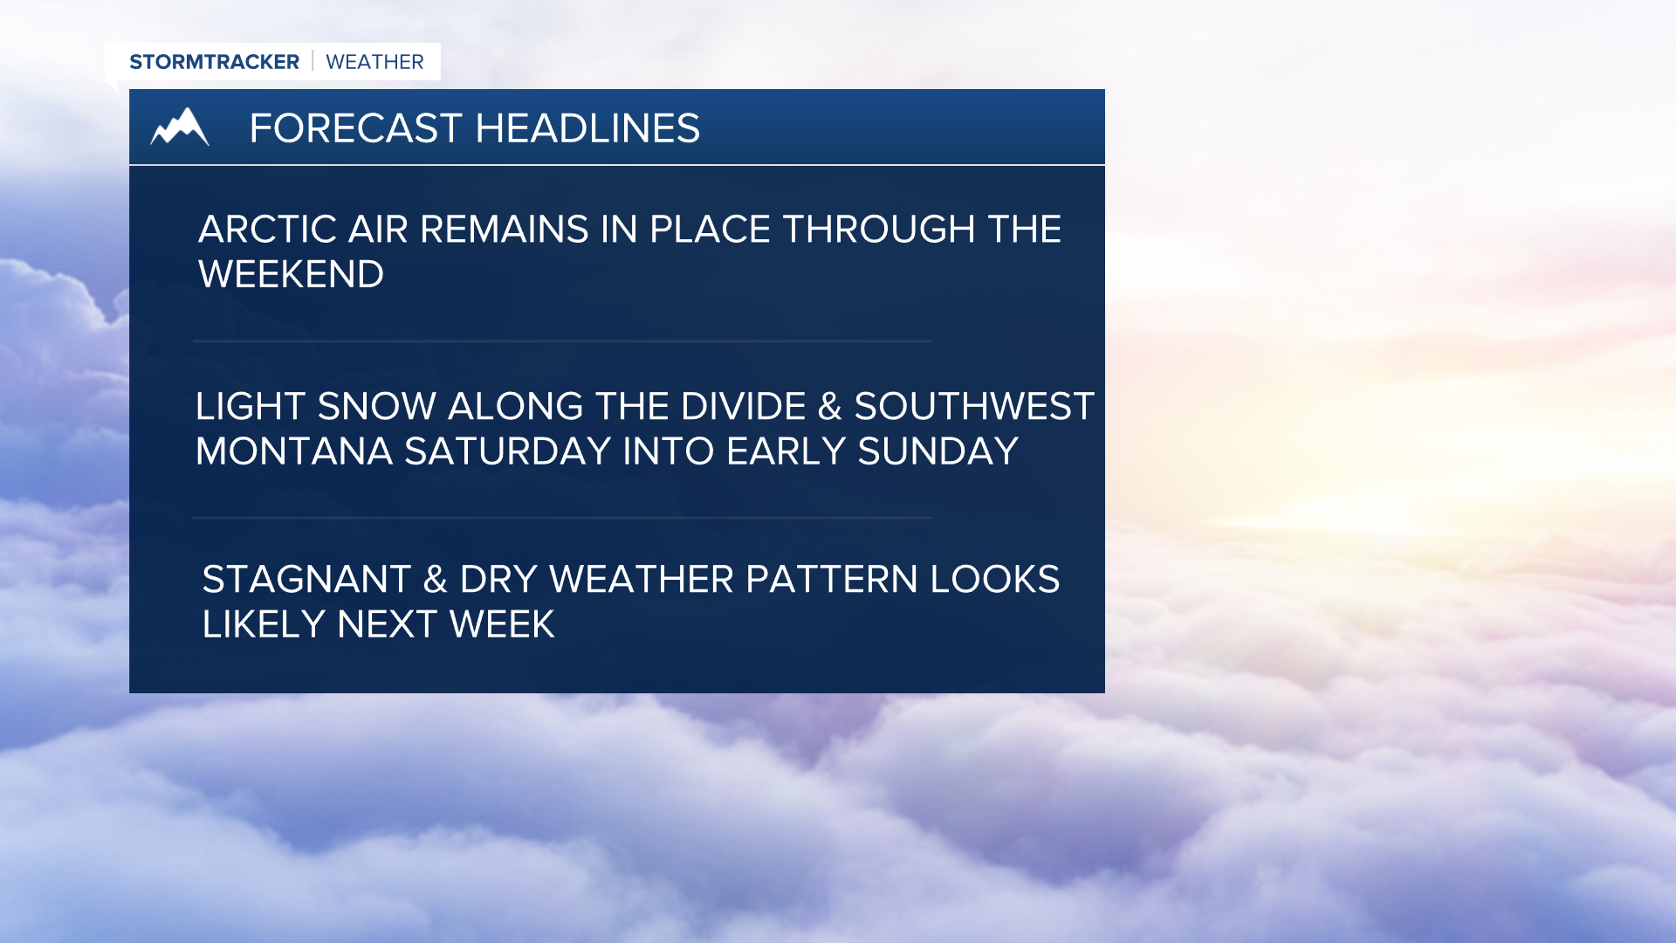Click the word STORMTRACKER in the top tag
click(214, 62)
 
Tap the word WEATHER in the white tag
click(374, 62)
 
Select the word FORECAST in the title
click(355, 128)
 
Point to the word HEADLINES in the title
click(587, 128)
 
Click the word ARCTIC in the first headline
click(267, 230)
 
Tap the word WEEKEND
click(291, 275)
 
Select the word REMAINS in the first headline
click(504, 230)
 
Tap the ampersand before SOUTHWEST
click(829, 407)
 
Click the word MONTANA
click(293, 451)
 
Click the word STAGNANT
click(306, 580)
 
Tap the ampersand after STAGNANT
click(435, 580)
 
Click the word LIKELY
click(264, 625)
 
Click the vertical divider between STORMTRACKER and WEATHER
click(313, 61)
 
